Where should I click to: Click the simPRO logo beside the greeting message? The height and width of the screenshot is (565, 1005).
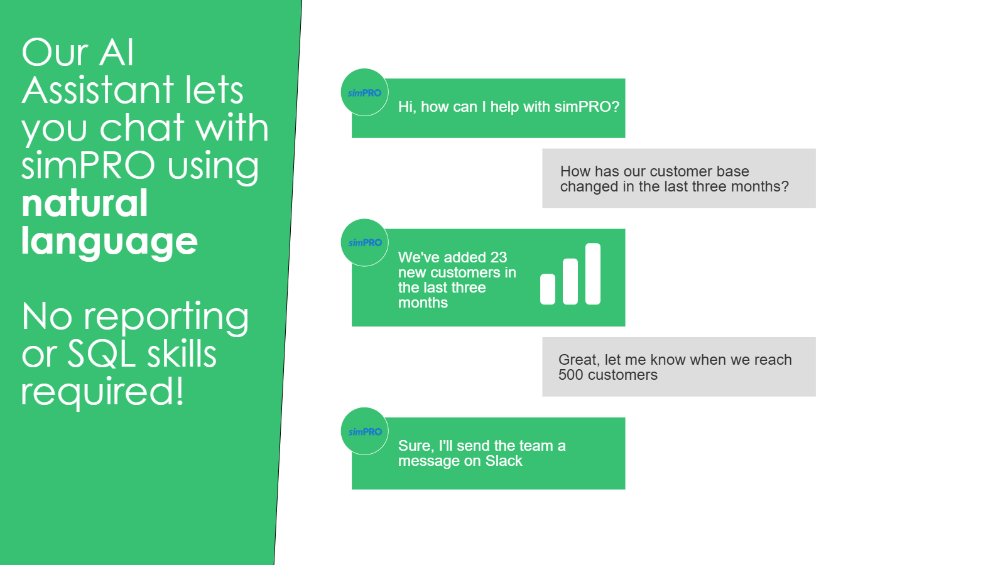pyautogui.click(x=364, y=93)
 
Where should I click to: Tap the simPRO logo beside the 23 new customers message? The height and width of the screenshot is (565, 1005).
pyautogui.click(x=364, y=242)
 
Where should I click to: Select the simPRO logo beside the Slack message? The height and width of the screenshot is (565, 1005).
pyautogui.click(x=364, y=431)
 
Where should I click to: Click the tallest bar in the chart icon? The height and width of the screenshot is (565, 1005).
pyautogui.click(x=593, y=274)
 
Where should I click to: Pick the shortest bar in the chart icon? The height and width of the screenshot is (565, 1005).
pyautogui.click(x=548, y=289)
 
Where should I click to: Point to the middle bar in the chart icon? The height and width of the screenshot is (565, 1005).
pyautogui.click(x=570, y=282)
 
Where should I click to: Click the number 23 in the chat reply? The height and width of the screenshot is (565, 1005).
pyautogui.click(x=499, y=257)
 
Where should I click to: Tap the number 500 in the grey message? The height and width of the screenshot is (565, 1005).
pyautogui.click(x=571, y=375)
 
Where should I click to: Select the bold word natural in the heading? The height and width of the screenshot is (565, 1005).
pyautogui.click(x=85, y=203)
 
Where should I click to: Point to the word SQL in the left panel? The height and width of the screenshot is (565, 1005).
pyautogui.click(x=101, y=354)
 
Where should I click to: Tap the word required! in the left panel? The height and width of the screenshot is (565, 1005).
pyautogui.click(x=103, y=392)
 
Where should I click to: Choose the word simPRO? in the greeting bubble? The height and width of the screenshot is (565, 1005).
pyautogui.click(x=587, y=107)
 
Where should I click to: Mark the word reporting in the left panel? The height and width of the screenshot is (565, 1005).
pyautogui.click(x=166, y=318)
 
